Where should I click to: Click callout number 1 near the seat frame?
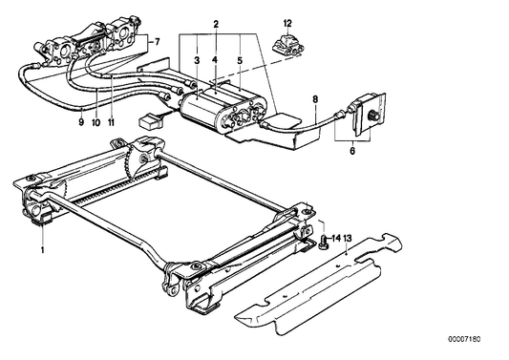[x=42, y=249]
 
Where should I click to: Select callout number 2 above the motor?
[x=216, y=23]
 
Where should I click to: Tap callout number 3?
[x=197, y=59]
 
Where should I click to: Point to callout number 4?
[x=215, y=59]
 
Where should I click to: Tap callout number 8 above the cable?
[x=313, y=97]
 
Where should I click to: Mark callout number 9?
[x=81, y=122]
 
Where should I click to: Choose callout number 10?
[x=95, y=122]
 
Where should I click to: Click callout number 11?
[x=112, y=122]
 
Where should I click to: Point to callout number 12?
[x=287, y=21]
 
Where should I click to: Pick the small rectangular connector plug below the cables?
[x=150, y=121]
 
